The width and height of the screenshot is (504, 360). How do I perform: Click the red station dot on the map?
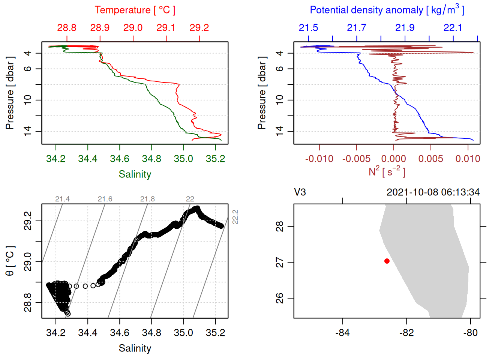point(387,261)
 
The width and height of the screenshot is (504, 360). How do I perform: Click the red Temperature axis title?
point(135,10)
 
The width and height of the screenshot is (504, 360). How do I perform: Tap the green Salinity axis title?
point(135,174)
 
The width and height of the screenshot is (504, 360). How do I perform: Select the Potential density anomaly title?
point(387,10)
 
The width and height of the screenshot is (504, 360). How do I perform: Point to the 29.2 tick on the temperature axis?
point(199,28)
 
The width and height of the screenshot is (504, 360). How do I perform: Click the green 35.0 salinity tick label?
point(183,159)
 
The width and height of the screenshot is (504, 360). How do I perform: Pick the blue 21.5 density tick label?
point(308,28)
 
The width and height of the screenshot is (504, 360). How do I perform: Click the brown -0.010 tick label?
point(319,159)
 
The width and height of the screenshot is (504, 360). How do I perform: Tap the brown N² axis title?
point(387,172)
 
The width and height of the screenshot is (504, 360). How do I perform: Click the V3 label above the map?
point(300,192)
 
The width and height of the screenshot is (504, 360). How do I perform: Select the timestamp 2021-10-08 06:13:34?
point(433,192)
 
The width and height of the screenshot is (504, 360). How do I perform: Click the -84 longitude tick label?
point(342,333)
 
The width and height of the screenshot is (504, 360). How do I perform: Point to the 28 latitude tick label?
point(280,226)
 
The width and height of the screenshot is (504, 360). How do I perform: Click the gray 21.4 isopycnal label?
point(62,199)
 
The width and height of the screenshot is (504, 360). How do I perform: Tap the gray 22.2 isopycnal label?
point(235,217)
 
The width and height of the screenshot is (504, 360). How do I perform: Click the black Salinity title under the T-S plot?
point(135,348)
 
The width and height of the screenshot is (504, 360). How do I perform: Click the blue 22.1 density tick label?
point(453,28)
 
